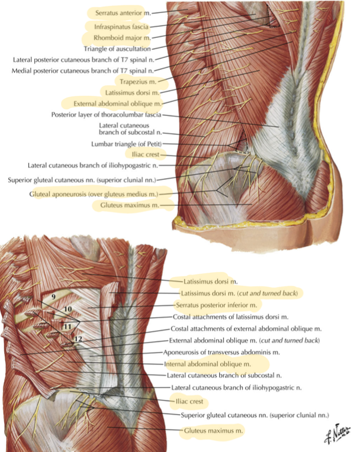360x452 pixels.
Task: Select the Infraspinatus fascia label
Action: click(121, 27)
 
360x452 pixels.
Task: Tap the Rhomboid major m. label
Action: click(122, 38)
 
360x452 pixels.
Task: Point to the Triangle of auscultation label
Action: click(117, 49)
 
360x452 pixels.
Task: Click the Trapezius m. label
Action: click(138, 82)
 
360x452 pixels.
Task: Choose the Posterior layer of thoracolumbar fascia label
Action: click(106, 115)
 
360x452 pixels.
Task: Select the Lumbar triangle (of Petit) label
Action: click(127, 144)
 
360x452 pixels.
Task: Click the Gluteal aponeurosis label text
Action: click(94, 194)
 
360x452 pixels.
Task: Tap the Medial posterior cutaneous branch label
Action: click(82, 70)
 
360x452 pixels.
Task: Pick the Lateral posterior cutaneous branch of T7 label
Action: click(83, 60)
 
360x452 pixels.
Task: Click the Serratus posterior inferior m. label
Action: click(216, 305)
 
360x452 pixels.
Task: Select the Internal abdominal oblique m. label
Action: click(207, 364)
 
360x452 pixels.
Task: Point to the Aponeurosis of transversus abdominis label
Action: click(221, 352)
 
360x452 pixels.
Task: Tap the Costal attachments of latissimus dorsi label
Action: click(230, 317)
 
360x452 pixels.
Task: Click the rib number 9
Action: click(54, 296)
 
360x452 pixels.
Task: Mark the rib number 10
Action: click(67, 309)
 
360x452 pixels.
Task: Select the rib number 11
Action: click(67, 327)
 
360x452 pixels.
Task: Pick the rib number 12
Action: click(78, 339)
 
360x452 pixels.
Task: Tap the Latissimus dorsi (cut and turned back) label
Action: click(239, 293)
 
